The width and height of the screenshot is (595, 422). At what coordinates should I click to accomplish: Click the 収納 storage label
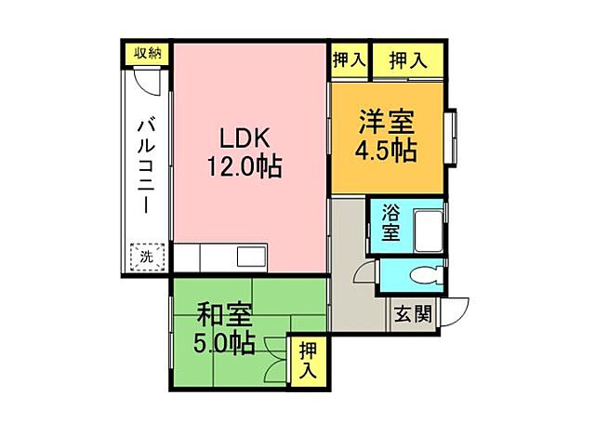[x=147, y=53]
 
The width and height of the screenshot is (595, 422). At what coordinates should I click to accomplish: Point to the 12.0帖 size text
[x=244, y=168]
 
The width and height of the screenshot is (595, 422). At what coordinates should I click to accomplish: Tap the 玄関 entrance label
[x=411, y=313]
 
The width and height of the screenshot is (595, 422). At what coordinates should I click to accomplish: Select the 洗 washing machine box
[x=147, y=256]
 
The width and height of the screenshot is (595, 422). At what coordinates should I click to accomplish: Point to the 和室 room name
[x=223, y=313]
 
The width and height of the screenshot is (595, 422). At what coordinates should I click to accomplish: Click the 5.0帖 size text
[x=223, y=344]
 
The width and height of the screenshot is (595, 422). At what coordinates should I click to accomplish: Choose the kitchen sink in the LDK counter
[x=251, y=257]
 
